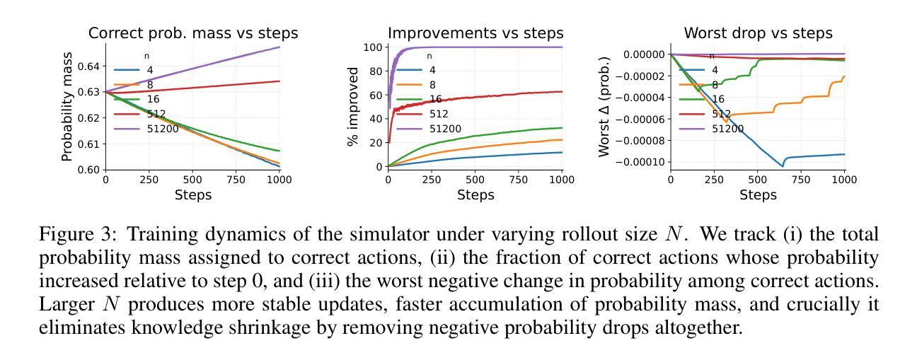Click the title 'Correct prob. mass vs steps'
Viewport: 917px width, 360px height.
(x=192, y=33)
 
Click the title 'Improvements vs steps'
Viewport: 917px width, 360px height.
(x=475, y=33)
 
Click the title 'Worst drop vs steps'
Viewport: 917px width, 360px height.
(x=758, y=33)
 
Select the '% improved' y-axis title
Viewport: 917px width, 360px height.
(x=352, y=107)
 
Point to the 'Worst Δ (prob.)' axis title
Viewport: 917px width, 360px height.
(x=604, y=107)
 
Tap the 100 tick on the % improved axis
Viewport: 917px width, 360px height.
(x=373, y=48)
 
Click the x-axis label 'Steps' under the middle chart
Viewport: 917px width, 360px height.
(x=475, y=194)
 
